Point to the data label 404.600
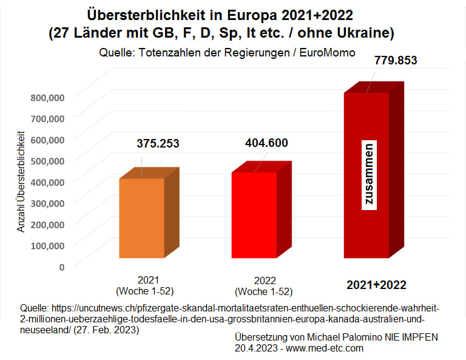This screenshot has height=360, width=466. coord(266,143)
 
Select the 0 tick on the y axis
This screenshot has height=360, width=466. coord(62,266)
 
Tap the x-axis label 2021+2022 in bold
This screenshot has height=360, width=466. coord(376,285)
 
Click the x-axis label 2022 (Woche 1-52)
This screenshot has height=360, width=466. coord(265,285)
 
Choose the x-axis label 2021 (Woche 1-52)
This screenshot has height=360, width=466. coord(149,285)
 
